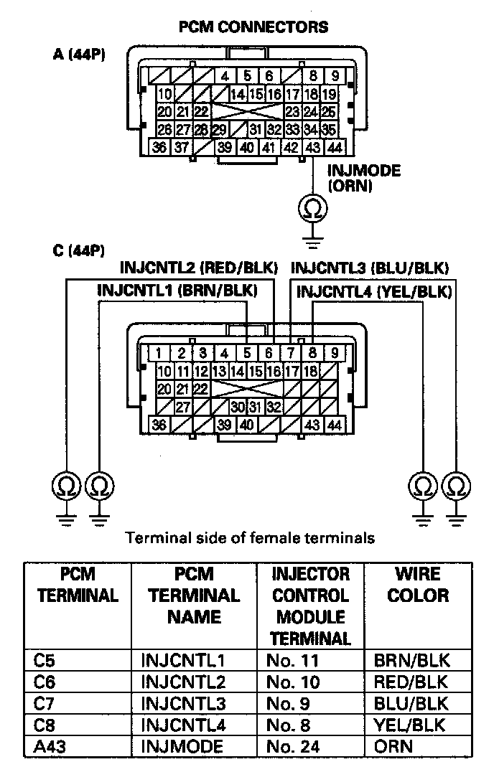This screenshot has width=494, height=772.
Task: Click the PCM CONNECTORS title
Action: click(x=253, y=27)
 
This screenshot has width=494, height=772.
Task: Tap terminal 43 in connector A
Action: click(x=313, y=147)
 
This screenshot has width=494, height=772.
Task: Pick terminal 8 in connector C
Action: click(x=313, y=352)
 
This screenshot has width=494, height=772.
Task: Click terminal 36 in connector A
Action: click(x=160, y=147)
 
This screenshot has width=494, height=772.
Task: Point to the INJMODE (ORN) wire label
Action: click(x=363, y=179)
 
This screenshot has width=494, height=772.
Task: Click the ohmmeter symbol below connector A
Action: click(x=313, y=208)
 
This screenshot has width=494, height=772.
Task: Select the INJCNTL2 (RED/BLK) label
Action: click(x=199, y=268)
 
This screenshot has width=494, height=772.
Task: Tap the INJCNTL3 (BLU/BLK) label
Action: click(x=370, y=268)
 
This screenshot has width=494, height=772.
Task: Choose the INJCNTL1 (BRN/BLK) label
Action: click(x=177, y=291)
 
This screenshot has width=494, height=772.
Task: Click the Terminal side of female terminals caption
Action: click(x=250, y=537)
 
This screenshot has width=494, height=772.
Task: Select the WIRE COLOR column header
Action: click(x=418, y=585)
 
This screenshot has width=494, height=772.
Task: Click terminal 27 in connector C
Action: click(x=183, y=406)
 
